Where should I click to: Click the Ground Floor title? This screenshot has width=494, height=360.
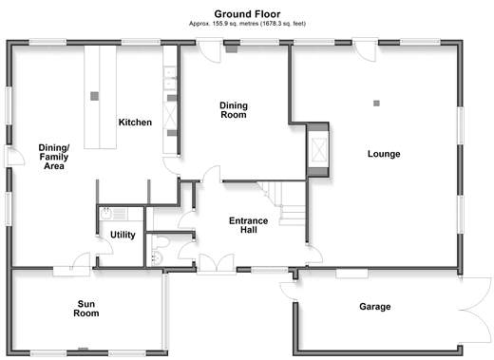pyautogui.click(x=247, y=14)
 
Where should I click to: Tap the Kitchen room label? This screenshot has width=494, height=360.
pyautogui.click(x=135, y=123)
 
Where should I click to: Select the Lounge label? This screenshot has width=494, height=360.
pyautogui.click(x=384, y=154)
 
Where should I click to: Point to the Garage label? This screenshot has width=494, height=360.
pyautogui.click(x=375, y=307)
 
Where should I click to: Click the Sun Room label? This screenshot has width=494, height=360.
pyautogui.click(x=86, y=309)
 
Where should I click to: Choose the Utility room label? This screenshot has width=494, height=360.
pyautogui.click(x=123, y=235)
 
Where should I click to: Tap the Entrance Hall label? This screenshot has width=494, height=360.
pyautogui.click(x=249, y=225)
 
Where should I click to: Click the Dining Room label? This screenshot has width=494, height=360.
pyautogui.click(x=234, y=110)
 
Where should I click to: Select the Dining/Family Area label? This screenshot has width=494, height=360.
pyautogui.click(x=54, y=157)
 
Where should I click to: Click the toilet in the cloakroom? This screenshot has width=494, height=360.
pyautogui.click(x=161, y=242)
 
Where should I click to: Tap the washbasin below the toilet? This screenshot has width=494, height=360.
pyautogui.click(x=158, y=258)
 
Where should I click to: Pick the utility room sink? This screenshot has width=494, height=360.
pyautogui.click(x=105, y=214)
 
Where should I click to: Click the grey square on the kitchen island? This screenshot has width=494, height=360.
pyautogui.click(x=94, y=96)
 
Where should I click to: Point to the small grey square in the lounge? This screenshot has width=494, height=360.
pyautogui.click(x=376, y=104)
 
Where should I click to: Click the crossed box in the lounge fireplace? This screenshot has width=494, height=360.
pyautogui.click(x=319, y=149)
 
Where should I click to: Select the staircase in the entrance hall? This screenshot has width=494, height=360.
pyautogui.click(x=283, y=202)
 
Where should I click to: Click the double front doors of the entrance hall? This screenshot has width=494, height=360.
pyautogui.click(x=217, y=263)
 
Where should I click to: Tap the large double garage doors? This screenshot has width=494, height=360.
pyautogui.click(x=475, y=311)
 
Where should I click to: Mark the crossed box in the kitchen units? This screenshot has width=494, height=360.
pyautogui.click(x=170, y=115)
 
